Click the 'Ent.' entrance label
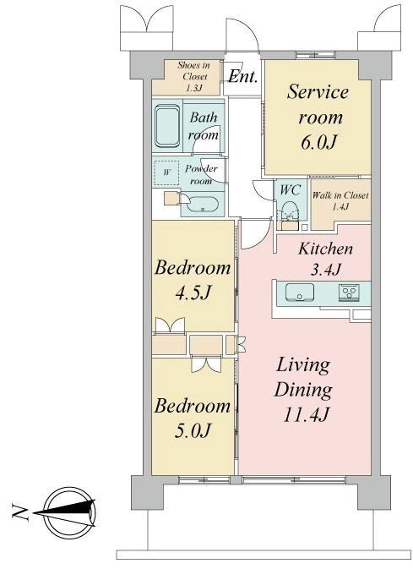tap(242, 77)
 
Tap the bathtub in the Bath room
tap(167, 126)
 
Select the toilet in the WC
tap(290, 211)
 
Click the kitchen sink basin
tap(300, 292)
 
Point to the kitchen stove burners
tap(350, 293)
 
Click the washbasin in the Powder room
tap(203, 205)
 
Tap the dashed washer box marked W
tap(166, 172)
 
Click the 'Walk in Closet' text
tap(340, 195)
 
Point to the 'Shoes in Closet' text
tap(194, 71)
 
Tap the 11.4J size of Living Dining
tap(305, 414)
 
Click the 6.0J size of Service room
tap(318, 142)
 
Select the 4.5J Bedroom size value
tap(193, 293)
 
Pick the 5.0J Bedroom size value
tap(193, 430)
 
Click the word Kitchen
tap(325, 249)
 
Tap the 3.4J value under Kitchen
tap(325, 270)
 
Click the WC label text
tap(290, 189)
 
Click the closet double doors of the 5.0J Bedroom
tap(206, 364)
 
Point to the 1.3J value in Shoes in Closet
tap(194, 88)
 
